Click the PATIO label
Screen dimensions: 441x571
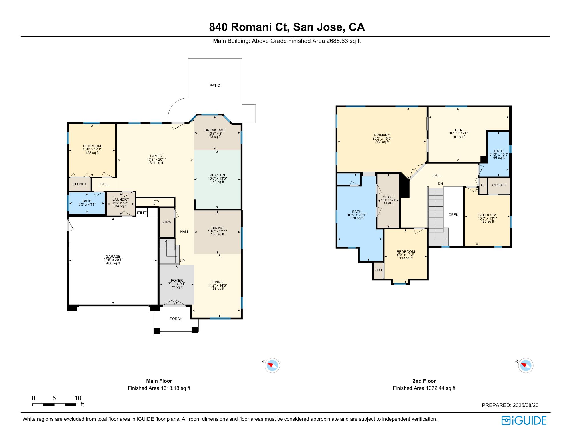click(x=215, y=86)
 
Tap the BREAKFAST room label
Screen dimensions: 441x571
click(x=215, y=130)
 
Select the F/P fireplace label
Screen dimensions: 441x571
click(x=156, y=202)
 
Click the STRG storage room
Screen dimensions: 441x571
click(x=166, y=222)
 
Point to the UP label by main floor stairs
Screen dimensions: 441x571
click(x=182, y=261)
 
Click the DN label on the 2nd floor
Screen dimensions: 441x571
click(x=440, y=184)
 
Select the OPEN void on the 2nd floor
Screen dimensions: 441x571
click(x=453, y=215)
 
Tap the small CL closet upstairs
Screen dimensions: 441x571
click(x=483, y=185)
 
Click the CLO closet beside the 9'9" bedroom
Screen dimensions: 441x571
click(x=378, y=270)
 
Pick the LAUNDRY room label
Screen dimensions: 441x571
click(x=121, y=200)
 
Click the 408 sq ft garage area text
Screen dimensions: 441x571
click(x=113, y=263)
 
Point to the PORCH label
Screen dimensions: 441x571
click(x=176, y=319)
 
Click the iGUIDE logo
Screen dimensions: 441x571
click(x=524, y=420)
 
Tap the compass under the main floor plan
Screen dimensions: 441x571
click(x=272, y=365)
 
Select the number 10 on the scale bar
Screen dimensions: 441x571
click(x=78, y=398)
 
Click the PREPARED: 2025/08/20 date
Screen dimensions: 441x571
click(x=510, y=405)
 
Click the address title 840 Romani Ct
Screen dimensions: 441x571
click(x=287, y=27)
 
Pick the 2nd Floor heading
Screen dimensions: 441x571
click(x=424, y=381)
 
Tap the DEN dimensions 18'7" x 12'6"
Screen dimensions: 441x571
click(x=459, y=133)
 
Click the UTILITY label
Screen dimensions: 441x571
click(x=142, y=213)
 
